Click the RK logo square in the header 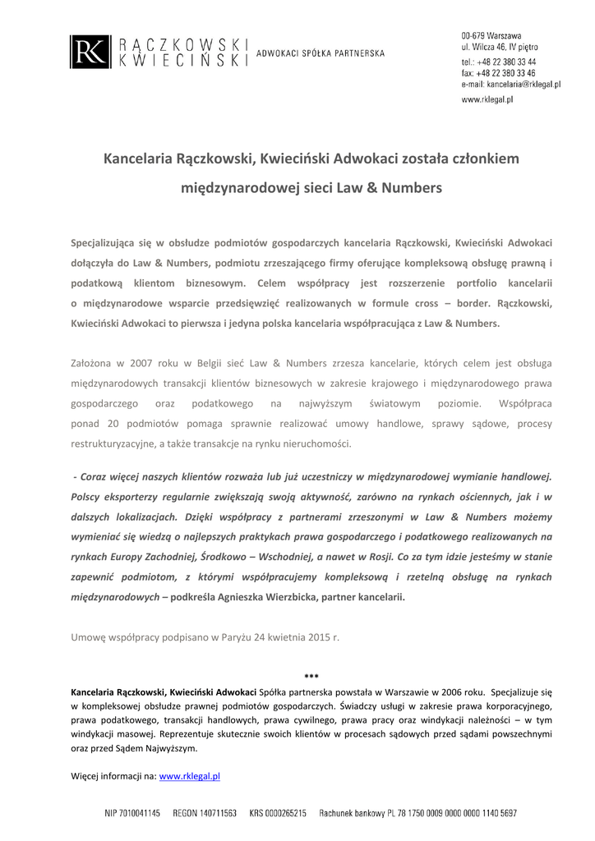(88, 51)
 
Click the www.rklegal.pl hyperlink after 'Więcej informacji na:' (189, 775)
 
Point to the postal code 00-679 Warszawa (491, 36)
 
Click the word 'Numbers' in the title (409, 188)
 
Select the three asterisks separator (311, 676)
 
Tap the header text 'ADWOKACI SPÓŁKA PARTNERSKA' (321, 53)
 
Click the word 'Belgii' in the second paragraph (193, 361)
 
